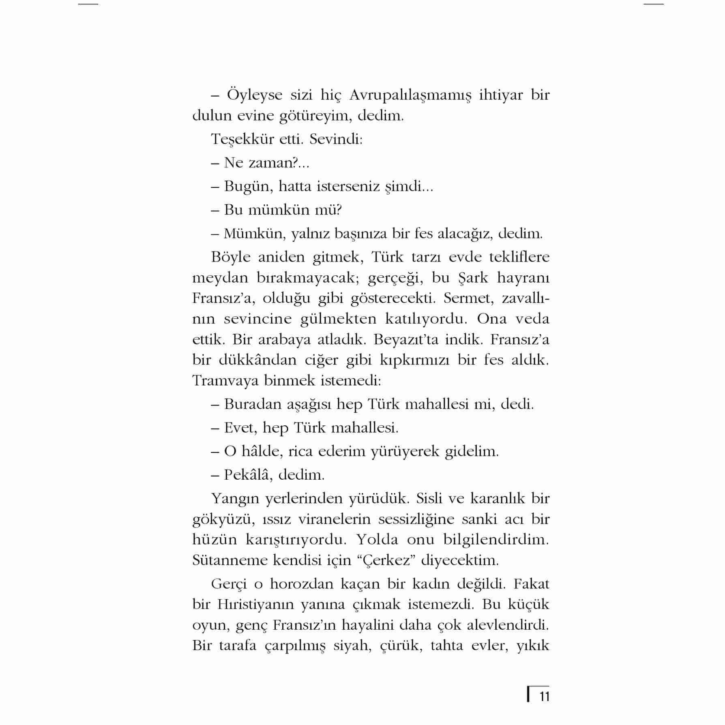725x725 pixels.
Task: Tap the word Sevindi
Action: click(x=335, y=139)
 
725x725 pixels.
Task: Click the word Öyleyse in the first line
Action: click(x=255, y=96)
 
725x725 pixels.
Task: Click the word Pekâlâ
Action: click(x=247, y=475)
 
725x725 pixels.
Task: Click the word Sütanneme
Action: click(x=230, y=560)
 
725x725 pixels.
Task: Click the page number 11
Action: click(x=544, y=697)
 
